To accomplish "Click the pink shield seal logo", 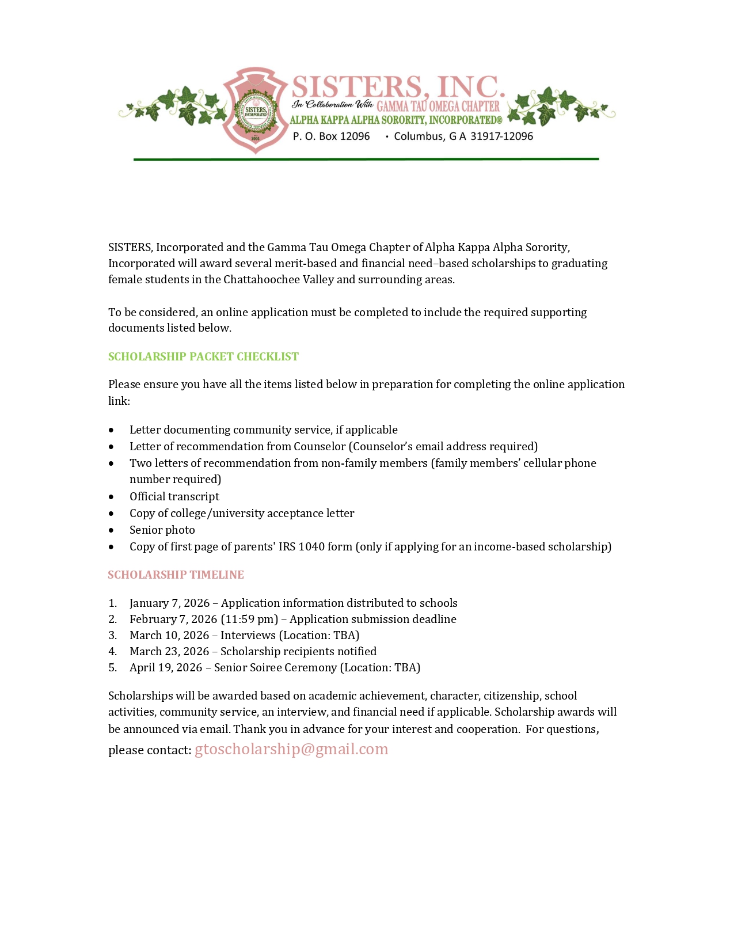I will coord(255,110).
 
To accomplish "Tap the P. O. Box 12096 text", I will coord(331,136).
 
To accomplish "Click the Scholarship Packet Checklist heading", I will coord(203,356).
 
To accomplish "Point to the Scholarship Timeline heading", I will coord(176,575).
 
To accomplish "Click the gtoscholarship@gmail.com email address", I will coord(291,749).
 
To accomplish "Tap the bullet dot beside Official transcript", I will coord(111,496).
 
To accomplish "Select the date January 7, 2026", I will coord(169,603).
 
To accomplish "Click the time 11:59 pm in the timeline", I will coord(249,619).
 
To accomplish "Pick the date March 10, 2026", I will coord(169,635).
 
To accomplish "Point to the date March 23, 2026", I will coord(169,651).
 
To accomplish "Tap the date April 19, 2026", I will coord(166,667).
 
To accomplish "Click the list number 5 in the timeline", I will coord(112,667).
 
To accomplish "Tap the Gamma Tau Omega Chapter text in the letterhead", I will coord(438,106).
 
